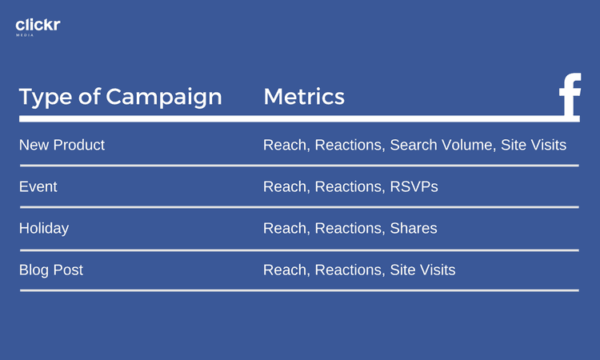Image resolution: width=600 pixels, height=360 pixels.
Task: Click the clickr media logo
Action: coord(38,26)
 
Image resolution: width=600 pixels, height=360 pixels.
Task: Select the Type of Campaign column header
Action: coord(121,97)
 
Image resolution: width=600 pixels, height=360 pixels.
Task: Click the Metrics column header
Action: coord(304,97)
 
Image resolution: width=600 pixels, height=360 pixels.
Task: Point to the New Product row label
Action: coord(62,145)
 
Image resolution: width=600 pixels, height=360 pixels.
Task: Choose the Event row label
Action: coord(38,186)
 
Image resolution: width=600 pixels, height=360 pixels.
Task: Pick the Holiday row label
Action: coord(44,228)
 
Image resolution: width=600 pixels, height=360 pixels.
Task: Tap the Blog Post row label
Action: coord(51,270)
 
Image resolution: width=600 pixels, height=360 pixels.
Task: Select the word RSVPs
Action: coord(414,186)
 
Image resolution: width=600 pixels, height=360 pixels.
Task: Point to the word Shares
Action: coord(414,228)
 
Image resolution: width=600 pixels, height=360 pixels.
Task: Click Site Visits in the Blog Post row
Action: coord(422,270)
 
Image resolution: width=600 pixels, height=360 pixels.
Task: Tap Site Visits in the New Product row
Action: coord(534,145)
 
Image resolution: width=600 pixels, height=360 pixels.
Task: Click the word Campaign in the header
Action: coord(164,97)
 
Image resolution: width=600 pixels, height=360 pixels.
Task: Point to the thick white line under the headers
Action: coord(300,119)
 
